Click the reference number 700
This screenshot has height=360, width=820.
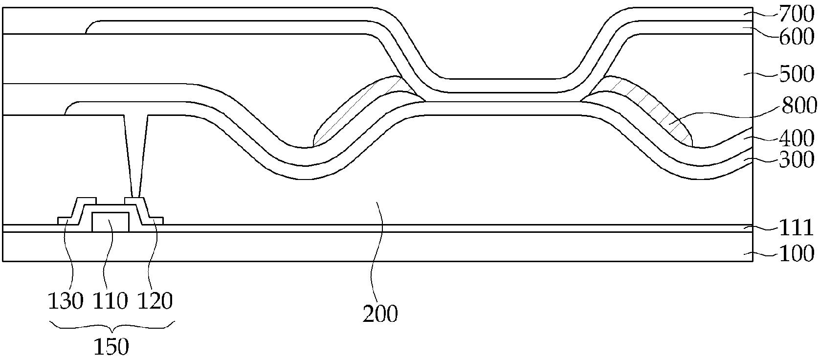[x=796, y=15]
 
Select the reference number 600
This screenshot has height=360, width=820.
[x=797, y=37]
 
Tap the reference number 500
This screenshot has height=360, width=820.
[x=797, y=74]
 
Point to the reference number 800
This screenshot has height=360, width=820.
[x=799, y=106]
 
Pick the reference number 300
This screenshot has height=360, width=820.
[x=797, y=160]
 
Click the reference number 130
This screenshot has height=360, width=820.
[x=66, y=301]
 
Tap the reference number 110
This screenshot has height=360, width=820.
[x=111, y=301]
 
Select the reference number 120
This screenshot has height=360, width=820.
[x=155, y=301]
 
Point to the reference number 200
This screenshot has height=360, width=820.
[x=380, y=314]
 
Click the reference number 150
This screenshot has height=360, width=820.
[x=111, y=346]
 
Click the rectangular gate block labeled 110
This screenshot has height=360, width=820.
[x=111, y=222]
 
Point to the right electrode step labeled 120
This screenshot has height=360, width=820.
[x=144, y=211]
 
